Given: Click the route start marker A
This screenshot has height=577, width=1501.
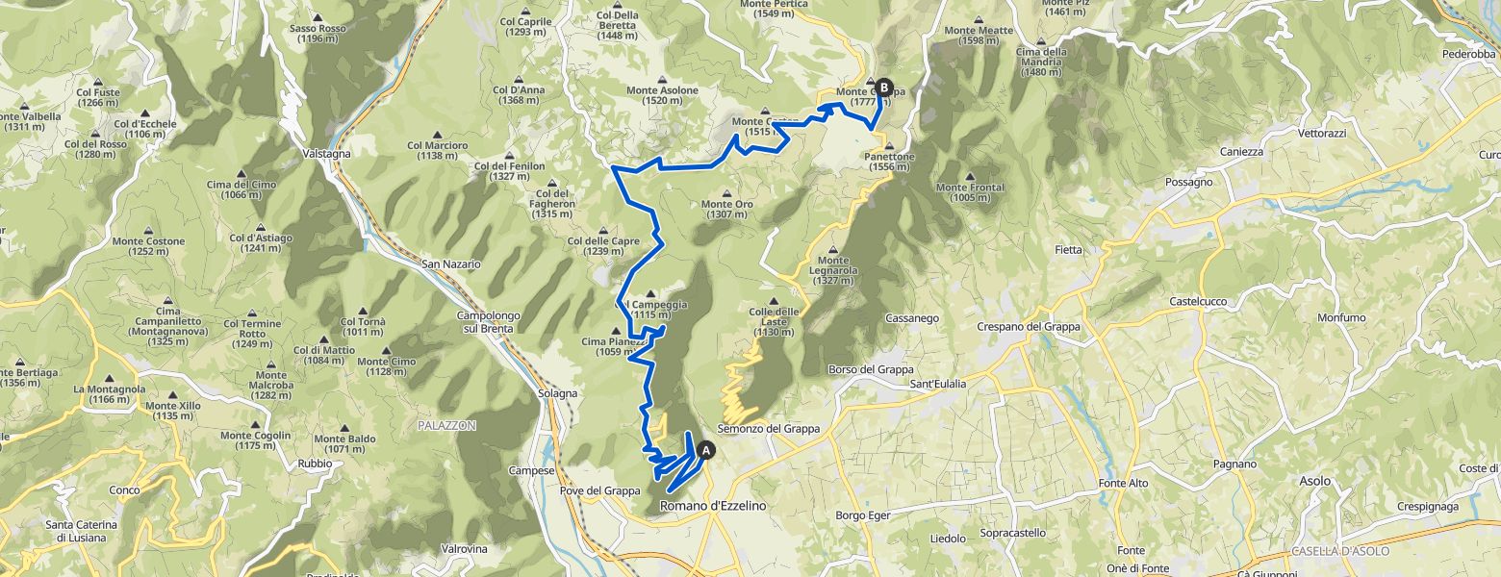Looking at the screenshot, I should tap(706, 449).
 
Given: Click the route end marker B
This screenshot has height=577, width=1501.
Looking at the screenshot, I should tap(884, 87).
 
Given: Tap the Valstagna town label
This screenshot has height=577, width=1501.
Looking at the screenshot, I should tap(326, 154).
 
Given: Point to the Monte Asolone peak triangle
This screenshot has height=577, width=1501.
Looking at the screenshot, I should tap(663, 80).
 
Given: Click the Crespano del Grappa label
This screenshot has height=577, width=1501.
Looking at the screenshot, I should tap(1028, 326).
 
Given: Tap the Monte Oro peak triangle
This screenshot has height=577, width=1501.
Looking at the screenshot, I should tap(726, 193).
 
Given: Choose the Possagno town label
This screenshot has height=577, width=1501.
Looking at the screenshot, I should tap(1189, 181).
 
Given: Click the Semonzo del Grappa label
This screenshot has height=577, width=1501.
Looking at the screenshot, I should tap(769, 429).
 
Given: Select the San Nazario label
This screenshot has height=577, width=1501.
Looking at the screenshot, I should tap(450, 263).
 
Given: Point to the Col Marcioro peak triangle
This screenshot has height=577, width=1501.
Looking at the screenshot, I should tap(437, 135).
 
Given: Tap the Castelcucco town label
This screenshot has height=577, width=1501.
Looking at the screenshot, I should tap(1198, 301).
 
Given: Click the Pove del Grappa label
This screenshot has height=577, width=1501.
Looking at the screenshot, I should tap(599, 490).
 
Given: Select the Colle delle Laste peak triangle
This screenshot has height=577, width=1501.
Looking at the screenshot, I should tap(774, 301).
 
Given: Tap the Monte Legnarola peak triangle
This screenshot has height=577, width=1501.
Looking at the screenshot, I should tap(833, 249).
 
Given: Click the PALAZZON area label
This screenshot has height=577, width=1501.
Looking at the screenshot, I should tap(446, 425).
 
